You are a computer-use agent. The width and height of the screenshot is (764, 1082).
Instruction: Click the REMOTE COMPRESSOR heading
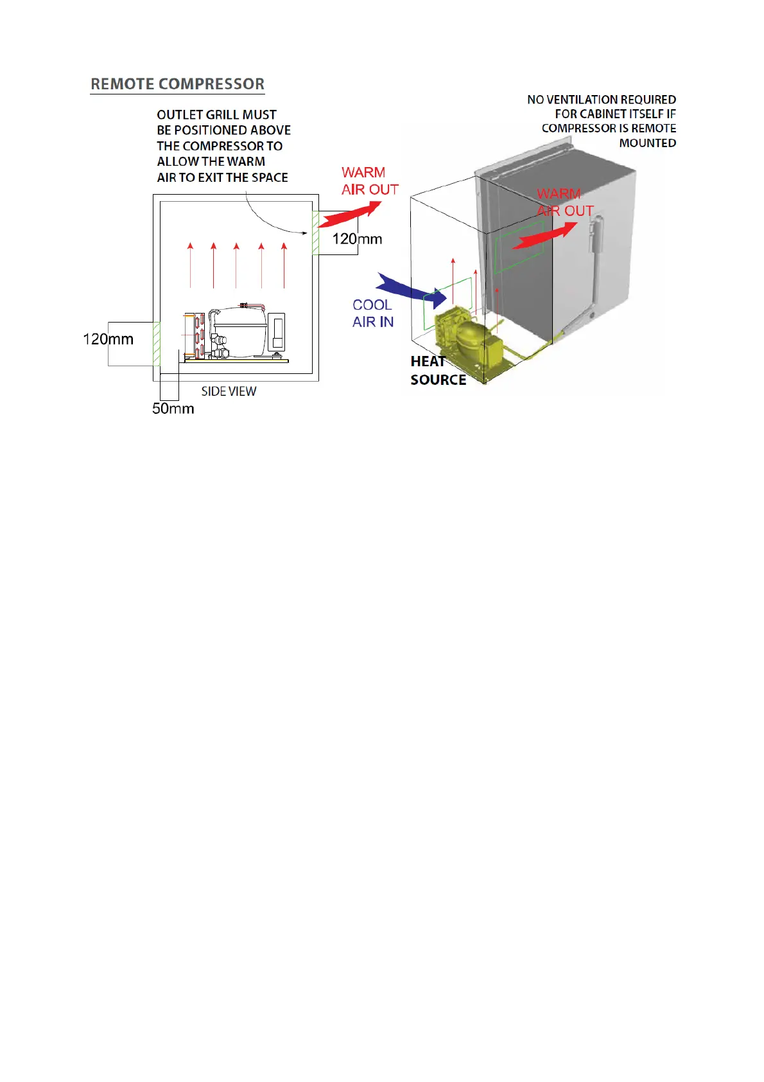coord(177,84)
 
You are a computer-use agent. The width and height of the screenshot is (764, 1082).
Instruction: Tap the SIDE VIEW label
coord(229,391)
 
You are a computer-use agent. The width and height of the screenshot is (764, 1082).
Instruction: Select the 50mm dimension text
coord(173,409)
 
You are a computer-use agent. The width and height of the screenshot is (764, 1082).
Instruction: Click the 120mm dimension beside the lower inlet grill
coord(108,339)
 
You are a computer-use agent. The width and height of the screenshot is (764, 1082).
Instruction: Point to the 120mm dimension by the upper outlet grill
coord(357,239)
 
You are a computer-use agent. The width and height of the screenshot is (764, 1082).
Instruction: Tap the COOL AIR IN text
coord(373,314)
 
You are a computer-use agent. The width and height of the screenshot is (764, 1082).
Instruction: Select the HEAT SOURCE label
coord(438,371)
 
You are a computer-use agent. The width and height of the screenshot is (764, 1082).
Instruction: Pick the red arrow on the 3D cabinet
coord(544,236)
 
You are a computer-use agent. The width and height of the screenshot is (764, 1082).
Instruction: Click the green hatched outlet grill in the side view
coord(315,233)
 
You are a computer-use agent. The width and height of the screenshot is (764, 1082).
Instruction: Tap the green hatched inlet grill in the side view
coord(156,344)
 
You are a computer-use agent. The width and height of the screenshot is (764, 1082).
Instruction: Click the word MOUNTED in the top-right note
coord(647,143)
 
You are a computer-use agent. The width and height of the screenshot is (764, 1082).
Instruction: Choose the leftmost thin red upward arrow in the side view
coord(190,264)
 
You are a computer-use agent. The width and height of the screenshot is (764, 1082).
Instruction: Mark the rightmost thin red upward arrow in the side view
coord(284,264)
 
